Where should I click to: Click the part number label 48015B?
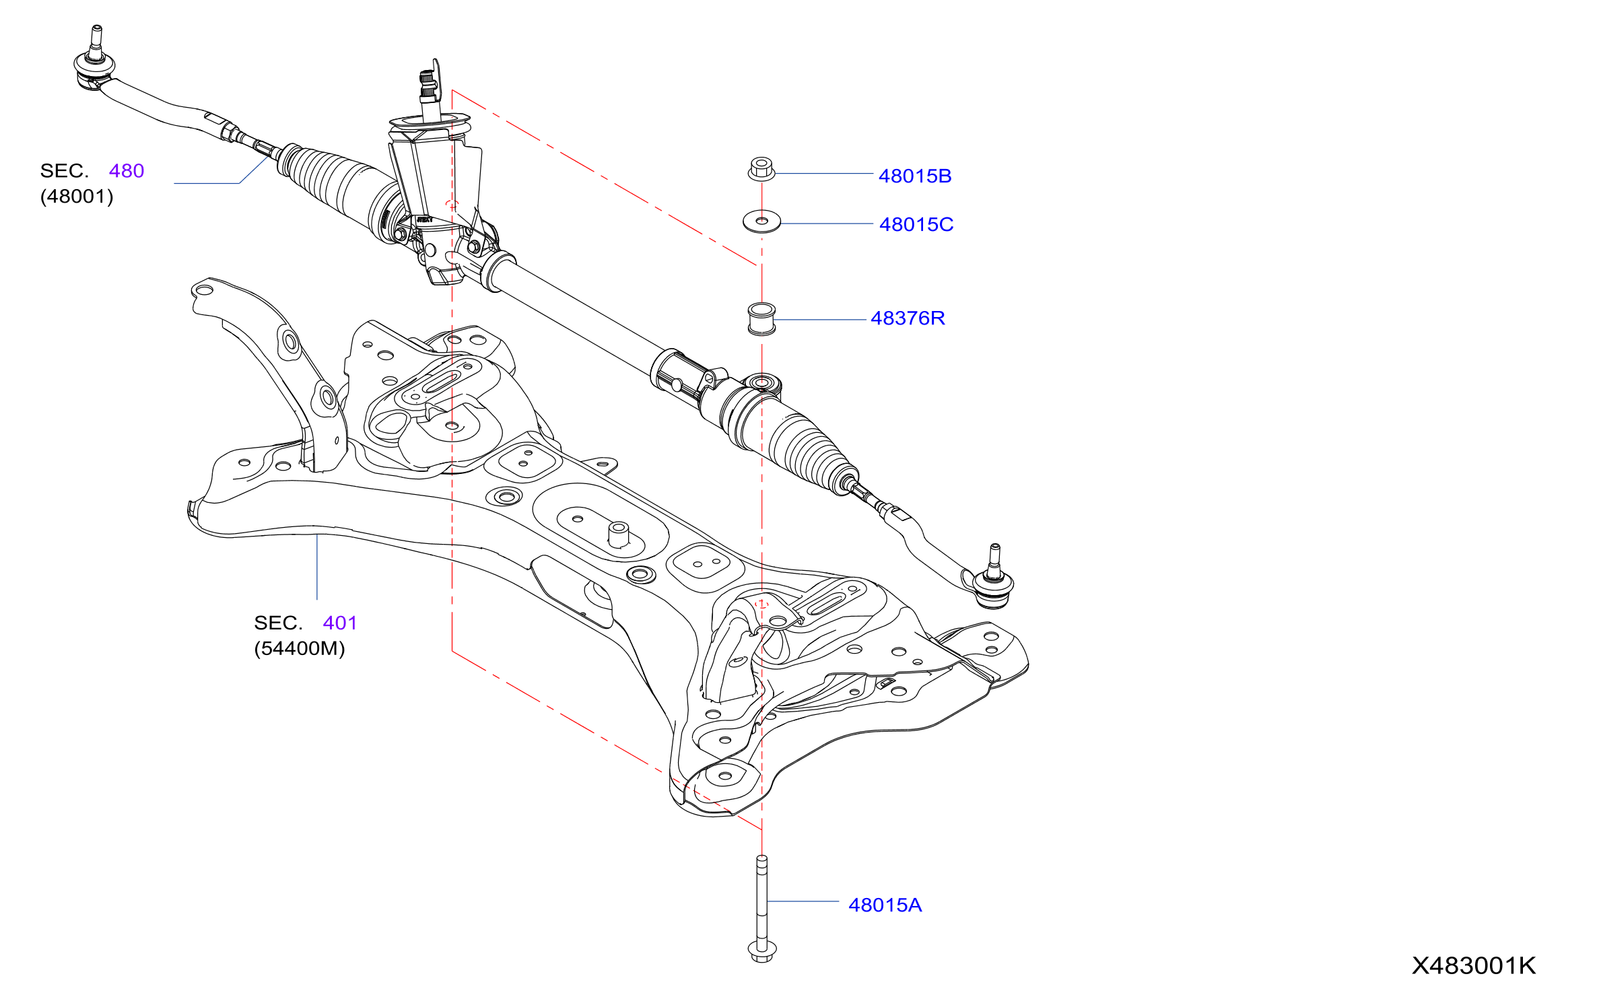(915, 176)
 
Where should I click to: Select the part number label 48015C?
(916, 225)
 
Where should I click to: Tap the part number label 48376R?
(908, 318)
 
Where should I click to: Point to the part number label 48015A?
(885, 905)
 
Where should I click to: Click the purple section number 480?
(127, 171)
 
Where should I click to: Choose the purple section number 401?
(340, 623)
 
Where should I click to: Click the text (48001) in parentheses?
(77, 197)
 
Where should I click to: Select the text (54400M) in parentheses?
(300, 649)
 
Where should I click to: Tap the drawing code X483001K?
(1474, 966)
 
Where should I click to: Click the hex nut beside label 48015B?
(761, 169)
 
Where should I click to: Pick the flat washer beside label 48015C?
(761, 221)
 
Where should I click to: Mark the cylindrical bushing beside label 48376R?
(761, 319)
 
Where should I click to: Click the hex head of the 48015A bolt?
(762, 951)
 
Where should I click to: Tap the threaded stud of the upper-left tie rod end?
(96, 42)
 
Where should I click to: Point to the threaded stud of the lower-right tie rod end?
(995, 559)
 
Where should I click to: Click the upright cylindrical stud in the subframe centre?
(619, 535)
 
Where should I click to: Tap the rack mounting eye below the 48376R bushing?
(762, 384)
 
